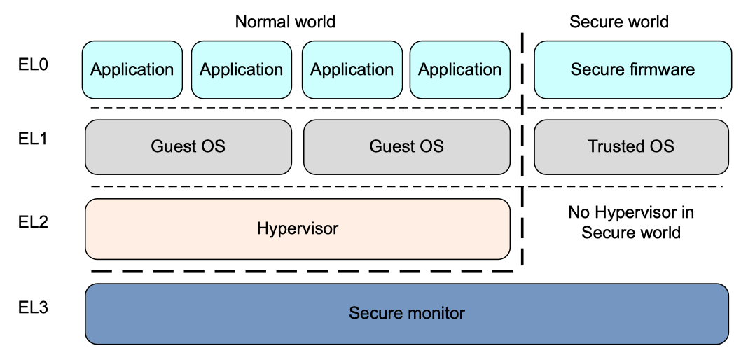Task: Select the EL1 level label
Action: (x=33, y=139)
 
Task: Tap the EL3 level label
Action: (x=33, y=307)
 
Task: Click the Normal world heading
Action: (x=285, y=22)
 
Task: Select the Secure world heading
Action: (x=618, y=22)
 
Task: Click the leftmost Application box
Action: (x=132, y=69)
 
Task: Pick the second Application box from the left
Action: (x=241, y=69)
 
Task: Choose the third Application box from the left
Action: (x=352, y=69)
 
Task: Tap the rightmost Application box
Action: (x=459, y=69)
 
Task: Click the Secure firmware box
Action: (x=632, y=69)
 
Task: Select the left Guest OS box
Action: (x=188, y=146)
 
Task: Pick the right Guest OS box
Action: (x=406, y=146)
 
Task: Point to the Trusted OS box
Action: (x=631, y=146)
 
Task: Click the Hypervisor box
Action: (x=297, y=228)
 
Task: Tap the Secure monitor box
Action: (x=406, y=313)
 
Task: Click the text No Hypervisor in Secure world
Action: (x=630, y=222)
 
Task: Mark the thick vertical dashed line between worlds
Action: (x=522, y=175)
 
